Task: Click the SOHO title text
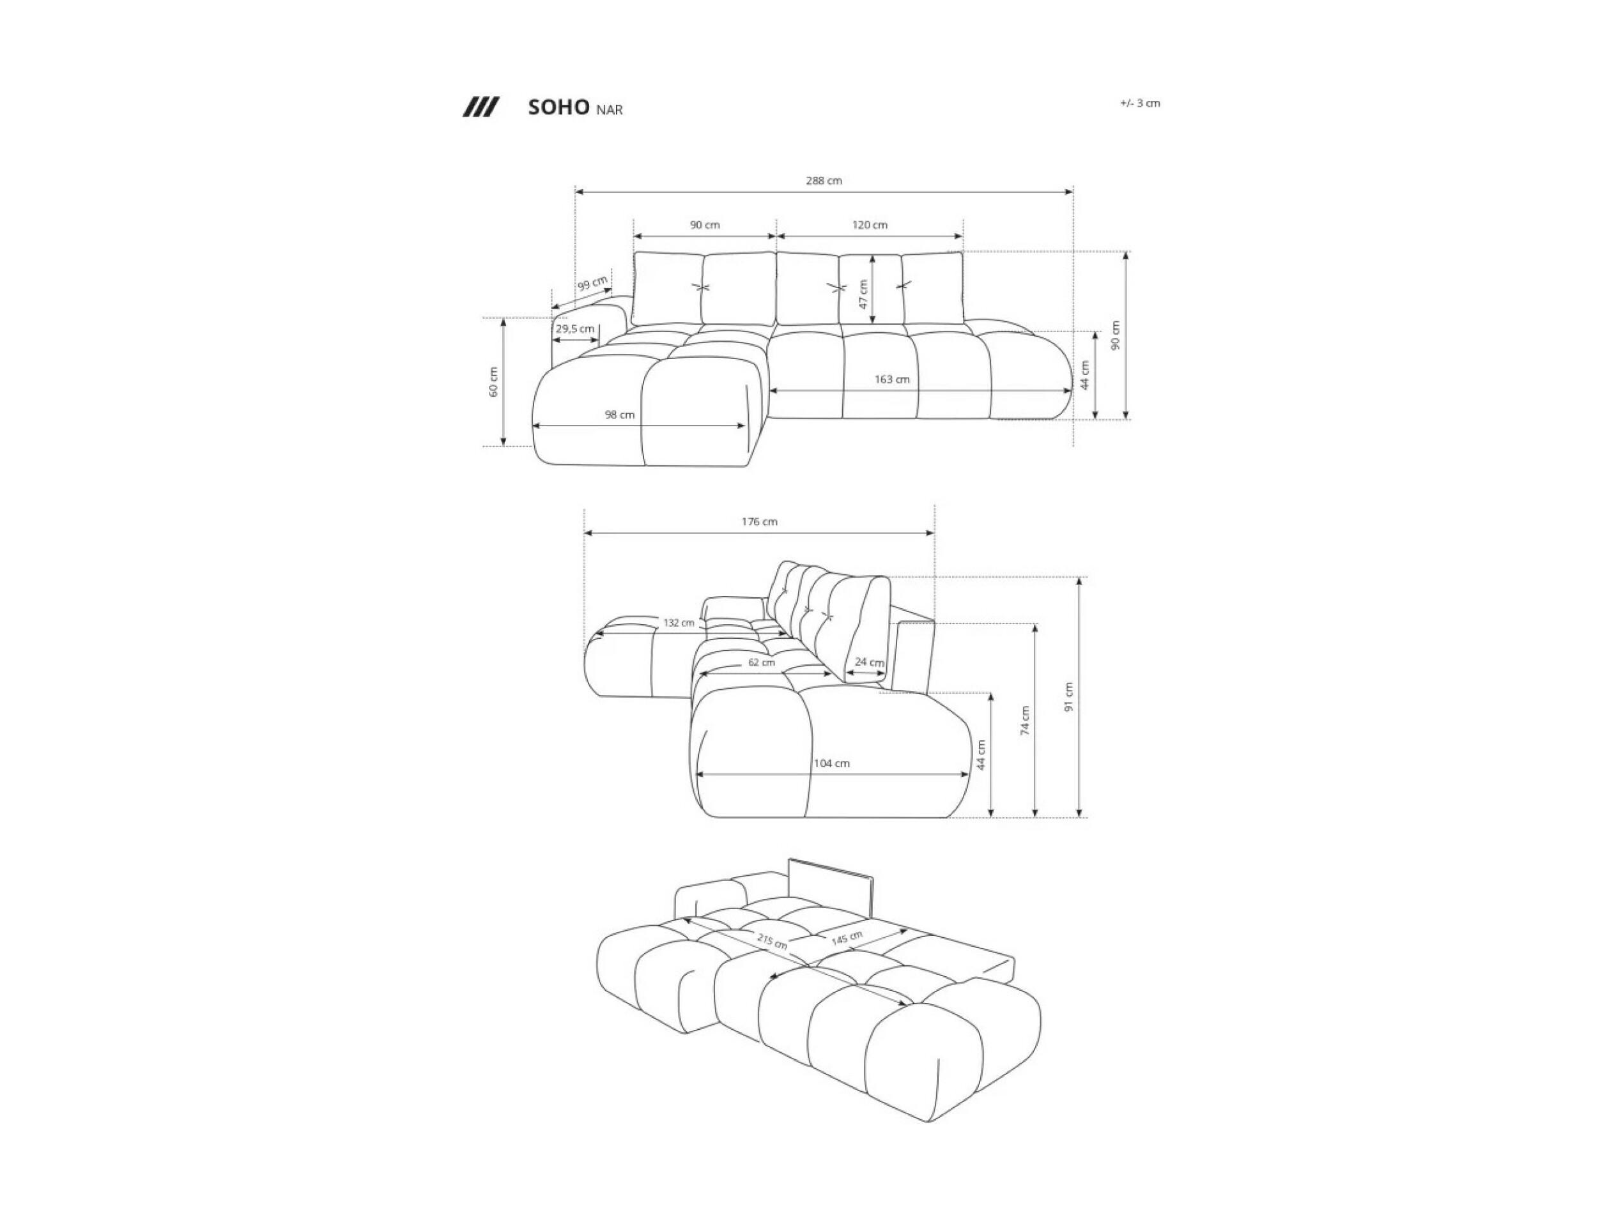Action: coord(558,108)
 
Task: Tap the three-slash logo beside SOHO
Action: coord(481,107)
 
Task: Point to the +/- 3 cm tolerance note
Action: coord(1139,103)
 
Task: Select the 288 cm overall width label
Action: coord(824,180)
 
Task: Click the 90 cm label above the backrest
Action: coord(704,224)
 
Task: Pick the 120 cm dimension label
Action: coord(870,224)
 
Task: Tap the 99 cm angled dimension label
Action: coord(593,282)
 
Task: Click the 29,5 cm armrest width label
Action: coord(574,328)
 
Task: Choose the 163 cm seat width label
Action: coord(891,379)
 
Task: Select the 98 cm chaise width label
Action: coord(619,415)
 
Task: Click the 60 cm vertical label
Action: coord(493,382)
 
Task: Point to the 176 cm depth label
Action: coord(759,521)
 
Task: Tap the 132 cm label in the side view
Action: coord(679,623)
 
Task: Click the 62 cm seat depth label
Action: coord(762,662)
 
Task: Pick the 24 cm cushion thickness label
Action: coord(870,662)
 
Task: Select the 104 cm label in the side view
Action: coord(831,763)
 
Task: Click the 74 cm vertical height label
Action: coord(1025,721)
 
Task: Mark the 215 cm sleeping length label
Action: coord(773,940)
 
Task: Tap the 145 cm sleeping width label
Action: coord(847,938)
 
